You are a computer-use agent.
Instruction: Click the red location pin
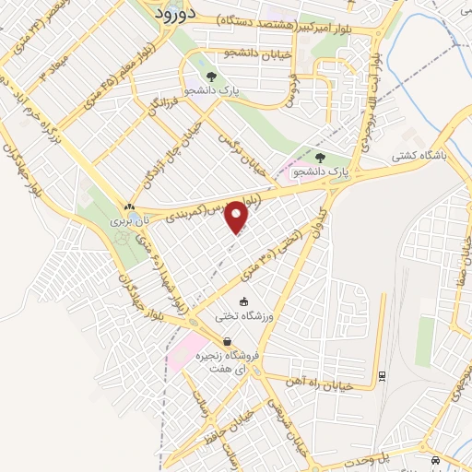238,217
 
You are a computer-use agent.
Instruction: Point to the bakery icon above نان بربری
129,206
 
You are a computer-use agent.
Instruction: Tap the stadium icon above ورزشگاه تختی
243,301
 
